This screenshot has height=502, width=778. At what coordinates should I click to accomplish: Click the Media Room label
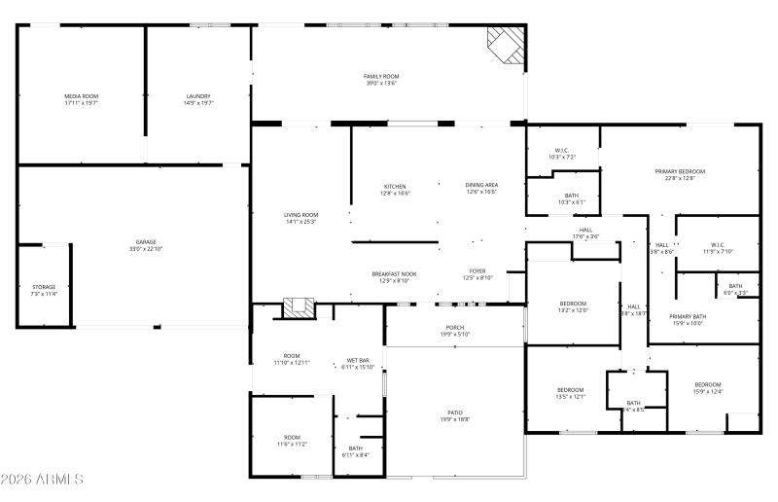click(82, 96)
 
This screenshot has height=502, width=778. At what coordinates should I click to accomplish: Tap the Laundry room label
click(198, 96)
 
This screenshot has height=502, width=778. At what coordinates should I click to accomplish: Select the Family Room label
click(381, 76)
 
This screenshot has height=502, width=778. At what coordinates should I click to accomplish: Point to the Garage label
click(146, 242)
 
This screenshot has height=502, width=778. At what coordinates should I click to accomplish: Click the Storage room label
click(44, 287)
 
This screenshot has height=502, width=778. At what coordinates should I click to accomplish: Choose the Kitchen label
click(395, 187)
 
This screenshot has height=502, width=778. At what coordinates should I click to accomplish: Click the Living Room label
click(301, 215)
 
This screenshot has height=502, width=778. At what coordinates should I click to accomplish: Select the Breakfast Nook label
click(395, 274)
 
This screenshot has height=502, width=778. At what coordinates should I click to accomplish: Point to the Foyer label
click(477, 271)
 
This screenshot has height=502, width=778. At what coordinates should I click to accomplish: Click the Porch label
click(455, 328)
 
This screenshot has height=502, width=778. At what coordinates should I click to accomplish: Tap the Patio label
click(455, 412)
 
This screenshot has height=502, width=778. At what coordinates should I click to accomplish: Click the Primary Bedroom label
click(680, 171)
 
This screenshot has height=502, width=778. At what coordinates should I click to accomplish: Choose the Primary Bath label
click(687, 316)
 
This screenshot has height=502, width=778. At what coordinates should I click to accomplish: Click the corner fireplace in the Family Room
click(506, 44)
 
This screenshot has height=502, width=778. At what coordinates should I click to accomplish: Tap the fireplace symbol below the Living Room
click(300, 307)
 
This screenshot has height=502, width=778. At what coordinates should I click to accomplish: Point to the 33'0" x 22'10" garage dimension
click(146, 249)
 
